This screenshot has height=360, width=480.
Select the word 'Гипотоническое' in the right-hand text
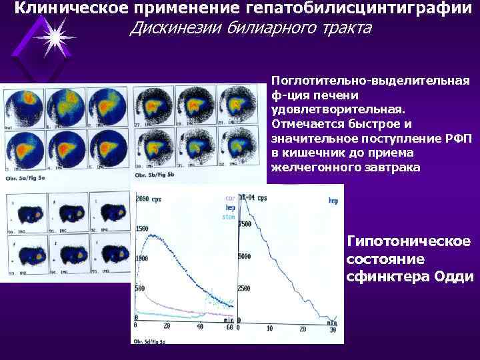(x=409, y=241)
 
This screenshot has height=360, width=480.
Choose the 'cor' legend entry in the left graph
(x=230, y=199)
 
